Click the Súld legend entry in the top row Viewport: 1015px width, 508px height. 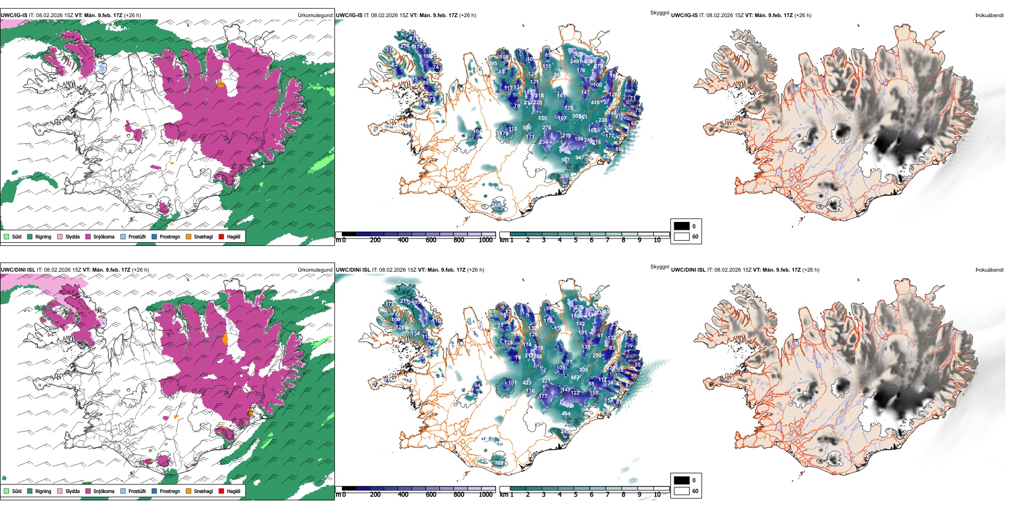click(x=13, y=236)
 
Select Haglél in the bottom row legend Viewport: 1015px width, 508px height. click(x=230, y=491)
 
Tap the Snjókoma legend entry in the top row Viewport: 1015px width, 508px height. click(x=100, y=236)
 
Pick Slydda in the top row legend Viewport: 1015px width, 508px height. click(x=68, y=236)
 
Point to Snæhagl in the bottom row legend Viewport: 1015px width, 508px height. click(x=199, y=491)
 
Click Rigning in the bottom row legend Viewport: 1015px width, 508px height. click(x=39, y=491)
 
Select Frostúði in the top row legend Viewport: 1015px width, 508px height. click(x=133, y=236)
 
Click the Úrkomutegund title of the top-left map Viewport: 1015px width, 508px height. click(x=315, y=16)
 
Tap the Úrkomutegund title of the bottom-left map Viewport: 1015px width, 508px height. click(x=315, y=270)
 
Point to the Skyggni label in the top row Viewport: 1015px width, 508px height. click(x=659, y=12)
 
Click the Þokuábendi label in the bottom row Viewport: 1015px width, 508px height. click(x=989, y=270)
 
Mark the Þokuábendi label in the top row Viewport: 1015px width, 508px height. click(x=989, y=16)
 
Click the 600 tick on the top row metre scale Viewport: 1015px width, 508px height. click(x=431, y=240)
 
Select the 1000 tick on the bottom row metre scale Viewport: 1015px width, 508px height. click(x=486, y=495)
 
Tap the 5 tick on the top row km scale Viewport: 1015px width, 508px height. click(x=575, y=240)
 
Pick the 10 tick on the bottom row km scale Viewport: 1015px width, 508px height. click(x=657, y=495)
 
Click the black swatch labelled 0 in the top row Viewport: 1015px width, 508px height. click(x=682, y=226)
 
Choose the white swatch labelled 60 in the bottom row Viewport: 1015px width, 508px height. click(x=682, y=491)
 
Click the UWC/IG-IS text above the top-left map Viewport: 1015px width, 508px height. click(x=14, y=16)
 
